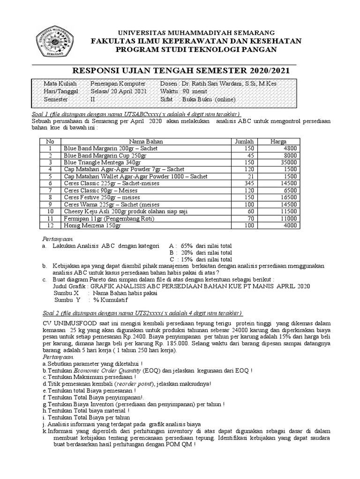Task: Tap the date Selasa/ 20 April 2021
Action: (118, 92)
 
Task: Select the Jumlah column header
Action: (243, 141)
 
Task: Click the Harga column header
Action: (278, 141)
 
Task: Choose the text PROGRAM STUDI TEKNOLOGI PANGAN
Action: (196, 50)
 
